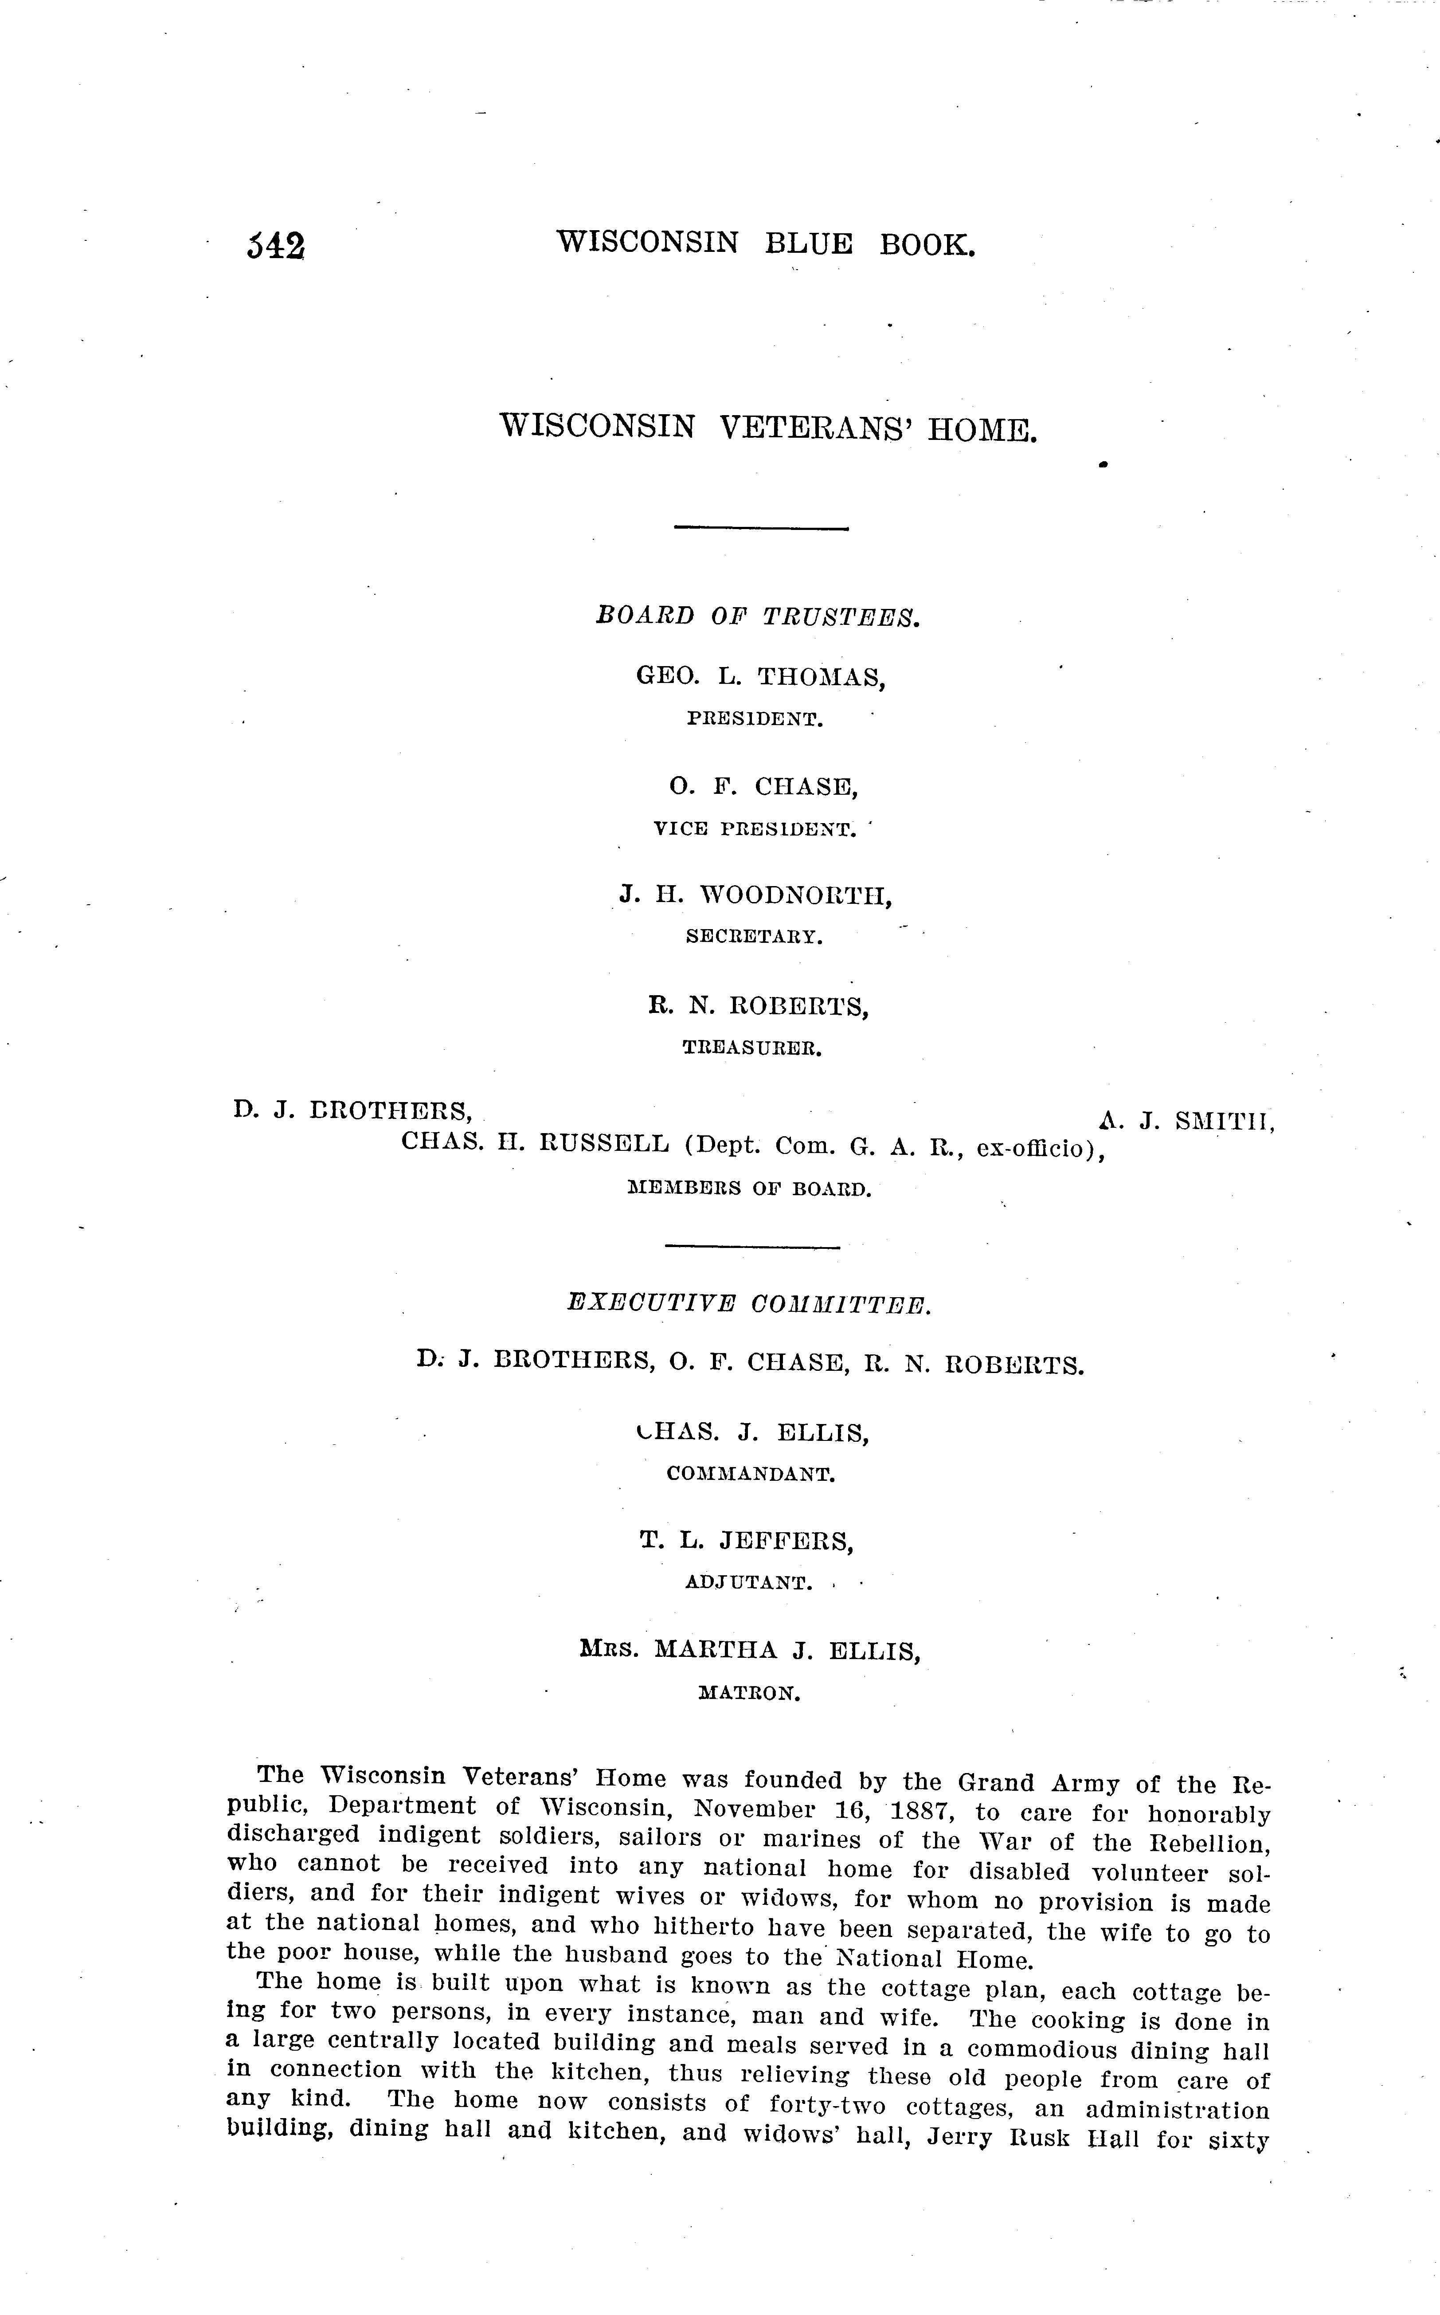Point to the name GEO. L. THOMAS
pos(761,677)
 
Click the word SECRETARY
pos(753,937)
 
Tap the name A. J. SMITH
pos(1186,1121)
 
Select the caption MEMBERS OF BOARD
pos(750,1189)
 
